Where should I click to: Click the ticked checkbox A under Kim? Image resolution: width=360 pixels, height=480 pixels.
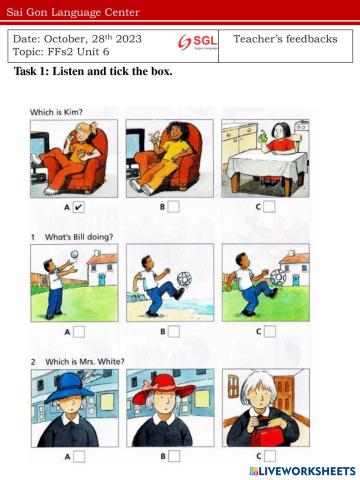pyautogui.click(x=78, y=207)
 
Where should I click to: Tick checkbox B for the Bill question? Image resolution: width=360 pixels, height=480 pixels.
pyautogui.click(x=174, y=332)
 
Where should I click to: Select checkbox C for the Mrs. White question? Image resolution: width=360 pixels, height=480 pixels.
pyautogui.click(x=270, y=456)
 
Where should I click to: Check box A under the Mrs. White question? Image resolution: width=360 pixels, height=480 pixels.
pyautogui.click(x=79, y=456)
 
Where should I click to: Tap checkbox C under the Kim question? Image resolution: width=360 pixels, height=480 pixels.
pyautogui.click(x=269, y=207)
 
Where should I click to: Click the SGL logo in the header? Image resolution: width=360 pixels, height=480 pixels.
pyautogui.click(x=197, y=42)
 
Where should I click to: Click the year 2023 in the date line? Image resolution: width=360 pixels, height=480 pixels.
pyautogui.click(x=128, y=39)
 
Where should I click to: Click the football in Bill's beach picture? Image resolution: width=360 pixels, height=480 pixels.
pyautogui.click(x=184, y=279)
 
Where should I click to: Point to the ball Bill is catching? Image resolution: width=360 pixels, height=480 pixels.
pyautogui.click(x=75, y=254)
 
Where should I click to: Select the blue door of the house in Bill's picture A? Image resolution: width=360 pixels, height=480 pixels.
pyautogui.click(x=102, y=279)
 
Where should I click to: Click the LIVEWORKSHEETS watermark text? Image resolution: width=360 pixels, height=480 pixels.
pyautogui.click(x=303, y=471)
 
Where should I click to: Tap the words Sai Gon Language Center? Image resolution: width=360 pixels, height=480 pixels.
pyautogui.click(x=73, y=12)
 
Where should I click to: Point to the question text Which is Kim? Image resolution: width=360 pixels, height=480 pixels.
pyautogui.click(x=56, y=112)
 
